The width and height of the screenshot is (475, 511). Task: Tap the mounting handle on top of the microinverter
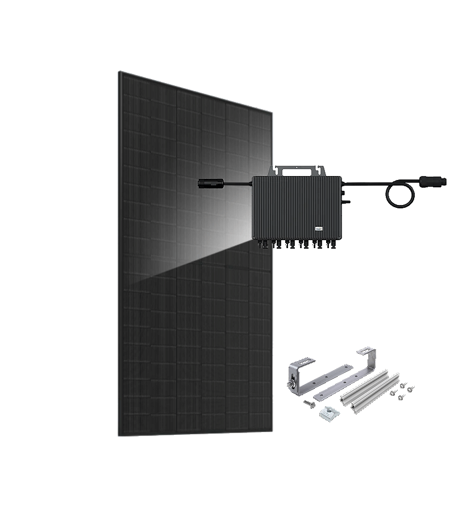click(x=300, y=169)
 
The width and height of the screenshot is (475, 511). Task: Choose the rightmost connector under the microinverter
click(x=335, y=244)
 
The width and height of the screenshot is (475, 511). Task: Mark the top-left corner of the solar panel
click(x=119, y=72)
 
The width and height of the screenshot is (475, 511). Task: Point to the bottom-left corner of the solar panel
click(x=119, y=435)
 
